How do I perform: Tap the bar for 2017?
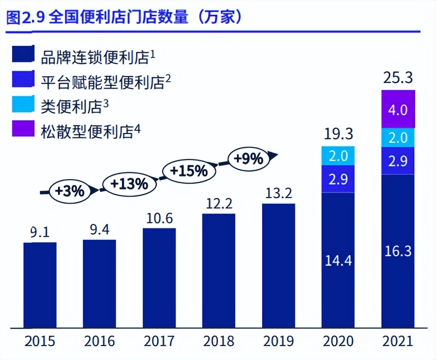click(159, 277)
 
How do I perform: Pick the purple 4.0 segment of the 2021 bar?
click(398, 109)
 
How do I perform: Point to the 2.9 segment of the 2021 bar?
click(398, 161)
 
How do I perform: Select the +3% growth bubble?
click(70, 190)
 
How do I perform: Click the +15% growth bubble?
click(189, 171)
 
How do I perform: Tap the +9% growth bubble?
click(248, 159)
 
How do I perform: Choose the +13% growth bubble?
click(129, 183)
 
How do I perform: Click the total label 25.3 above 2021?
click(398, 78)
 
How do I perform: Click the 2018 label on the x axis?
click(219, 342)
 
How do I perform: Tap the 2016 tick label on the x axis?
click(99, 342)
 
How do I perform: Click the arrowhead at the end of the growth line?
click(272, 155)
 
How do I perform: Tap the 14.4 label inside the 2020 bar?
click(338, 261)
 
